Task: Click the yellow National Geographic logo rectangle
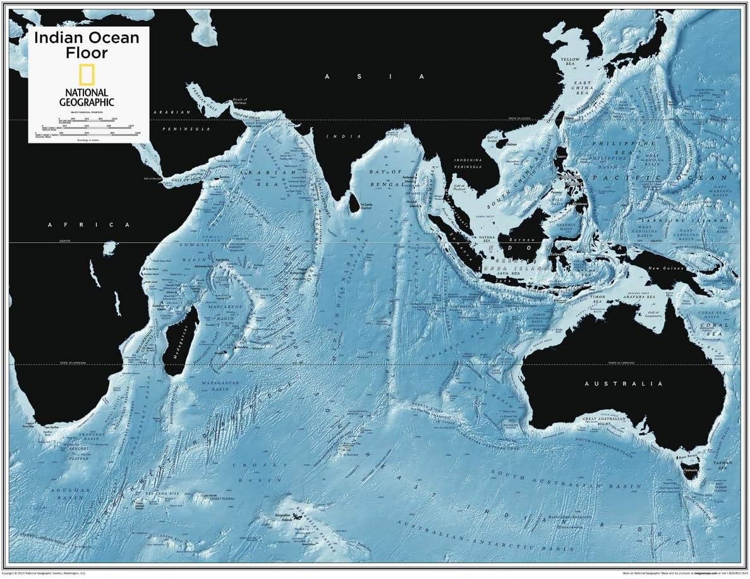87,75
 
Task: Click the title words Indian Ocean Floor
87,45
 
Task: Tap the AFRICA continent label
89,224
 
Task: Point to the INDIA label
344,137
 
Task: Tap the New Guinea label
667,269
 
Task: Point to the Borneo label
522,240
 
